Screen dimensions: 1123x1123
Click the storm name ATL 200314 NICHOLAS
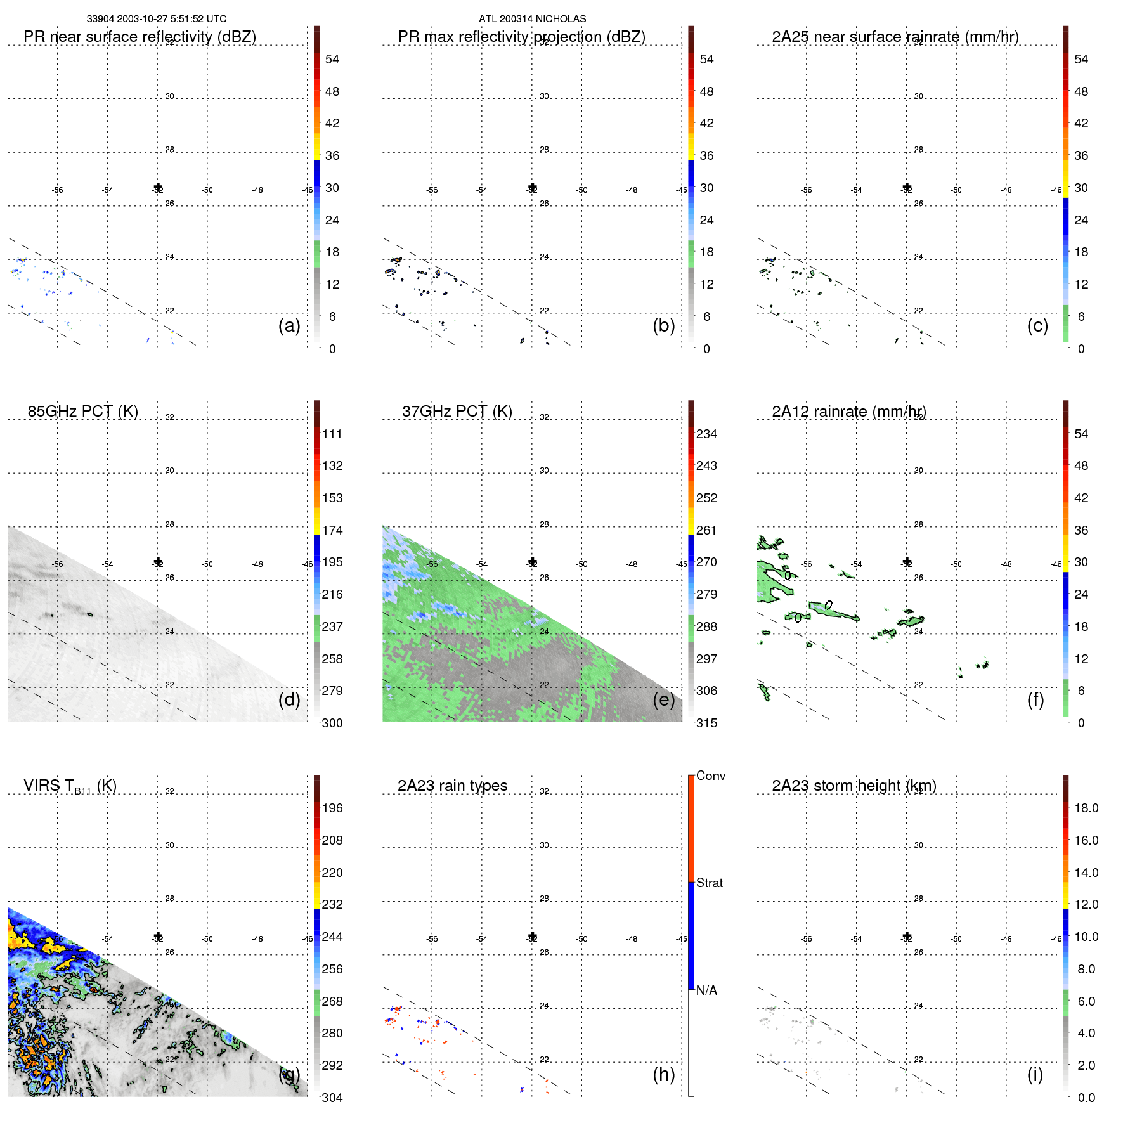pos(532,19)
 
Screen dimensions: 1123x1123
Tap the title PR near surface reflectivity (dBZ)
pos(140,37)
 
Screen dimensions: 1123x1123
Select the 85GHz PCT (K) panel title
pos(82,412)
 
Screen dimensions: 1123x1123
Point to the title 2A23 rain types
pos(452,786)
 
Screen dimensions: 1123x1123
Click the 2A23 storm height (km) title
pos(854,786)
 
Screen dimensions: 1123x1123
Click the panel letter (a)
pos(289,325)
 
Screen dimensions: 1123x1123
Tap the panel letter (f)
pos(1035,699)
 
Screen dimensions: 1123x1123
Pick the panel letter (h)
pos(663,1074)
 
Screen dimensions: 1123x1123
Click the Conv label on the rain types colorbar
pos(710,776)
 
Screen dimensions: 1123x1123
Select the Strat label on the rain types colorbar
pos(709,883)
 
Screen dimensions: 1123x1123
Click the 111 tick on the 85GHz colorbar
pos(332,434)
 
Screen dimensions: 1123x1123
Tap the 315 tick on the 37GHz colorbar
pos(706,723)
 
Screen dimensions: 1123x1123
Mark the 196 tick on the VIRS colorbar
pos(332,808)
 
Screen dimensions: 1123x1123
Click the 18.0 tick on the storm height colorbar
pos(1086,808)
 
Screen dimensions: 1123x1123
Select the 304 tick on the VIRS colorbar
pos(332,1098)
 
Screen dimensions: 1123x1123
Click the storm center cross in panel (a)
pos(158,187)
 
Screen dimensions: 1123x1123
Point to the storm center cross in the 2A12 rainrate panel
pos(907,562)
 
